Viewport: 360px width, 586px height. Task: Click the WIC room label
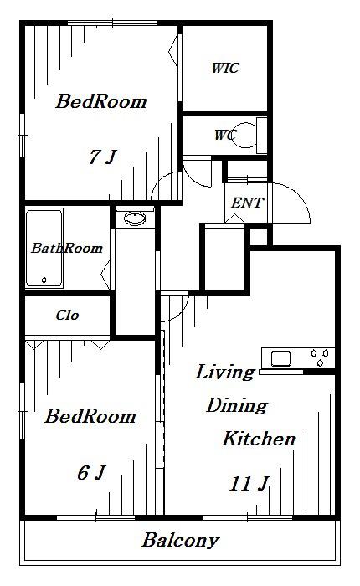[x=225, y=68]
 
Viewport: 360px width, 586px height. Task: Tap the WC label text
[x=225, y=135]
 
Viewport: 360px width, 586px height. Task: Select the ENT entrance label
[x=247, y=203]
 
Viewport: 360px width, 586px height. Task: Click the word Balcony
[x=180, y=541]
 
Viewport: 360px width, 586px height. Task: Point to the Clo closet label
[x=67, y=315]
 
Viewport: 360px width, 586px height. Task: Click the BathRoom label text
[x=67, y=248]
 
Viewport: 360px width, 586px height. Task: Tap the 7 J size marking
[x=103, y=157]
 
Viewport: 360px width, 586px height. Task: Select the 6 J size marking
[x=92, y=472]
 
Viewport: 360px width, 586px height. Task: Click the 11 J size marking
[x=249, y=484]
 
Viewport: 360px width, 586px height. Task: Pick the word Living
[x=225, y=373]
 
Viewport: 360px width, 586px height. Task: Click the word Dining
[x=237, y=405]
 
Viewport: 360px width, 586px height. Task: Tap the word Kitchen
[x=259, y=439]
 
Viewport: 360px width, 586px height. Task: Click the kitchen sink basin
[x=280, y=359]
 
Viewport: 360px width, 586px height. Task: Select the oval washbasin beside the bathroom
[x=135, y=218]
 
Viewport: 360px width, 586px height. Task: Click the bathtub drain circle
[x=44, y=280]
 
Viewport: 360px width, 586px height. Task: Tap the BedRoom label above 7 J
[x=101, y=101]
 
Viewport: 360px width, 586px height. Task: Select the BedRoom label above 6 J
[x=90, y=416]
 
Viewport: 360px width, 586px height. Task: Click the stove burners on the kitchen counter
[x=320, y=357]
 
